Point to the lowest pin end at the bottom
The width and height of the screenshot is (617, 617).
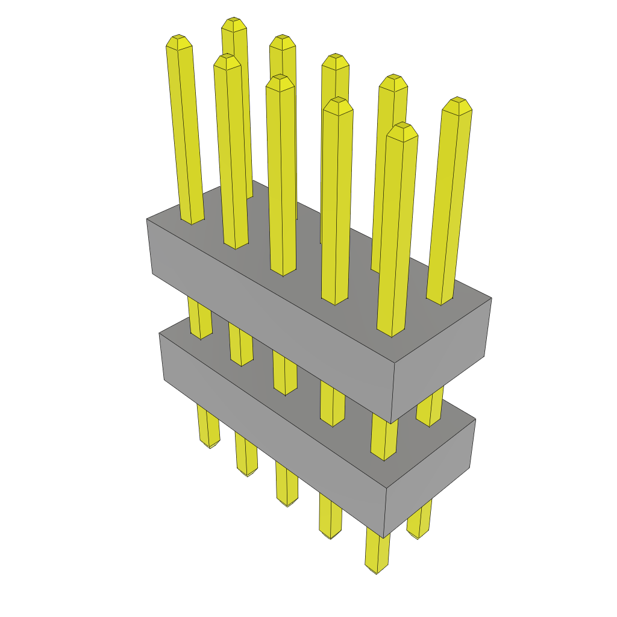pyautogui.click(x=375, y=569)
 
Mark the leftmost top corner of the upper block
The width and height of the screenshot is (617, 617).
pyautogui.click(x=147, y=219)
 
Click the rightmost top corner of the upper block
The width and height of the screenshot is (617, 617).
pyautogui.click(x=492, y=298)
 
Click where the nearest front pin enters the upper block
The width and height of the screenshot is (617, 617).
pyautogui.click(x=390, y=333)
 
